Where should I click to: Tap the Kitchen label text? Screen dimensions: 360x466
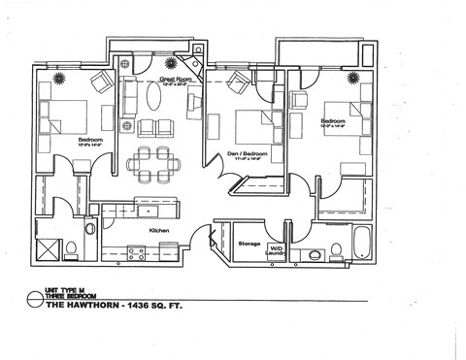point(160,230)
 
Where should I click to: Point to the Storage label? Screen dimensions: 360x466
point(249,244)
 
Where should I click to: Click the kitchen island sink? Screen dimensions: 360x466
point(149,211)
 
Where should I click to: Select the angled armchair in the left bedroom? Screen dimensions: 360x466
point(99,82)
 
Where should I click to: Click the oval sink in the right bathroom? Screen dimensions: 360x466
point(314,254)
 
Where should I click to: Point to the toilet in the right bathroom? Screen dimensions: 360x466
point(336,251)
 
